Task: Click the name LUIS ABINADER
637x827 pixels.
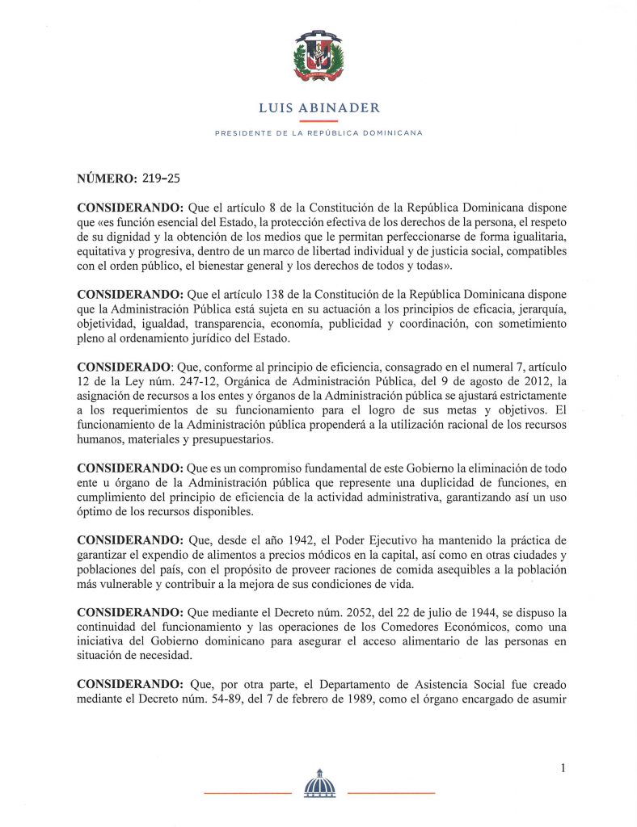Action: click(x=318, y=107)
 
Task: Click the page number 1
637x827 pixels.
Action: click(x=562, y=768)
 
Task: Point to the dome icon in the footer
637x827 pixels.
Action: click(x=318, y=783)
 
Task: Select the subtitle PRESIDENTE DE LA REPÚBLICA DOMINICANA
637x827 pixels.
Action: click(x=318, y=132)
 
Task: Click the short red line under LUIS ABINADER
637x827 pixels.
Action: click(x=318, y=120)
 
